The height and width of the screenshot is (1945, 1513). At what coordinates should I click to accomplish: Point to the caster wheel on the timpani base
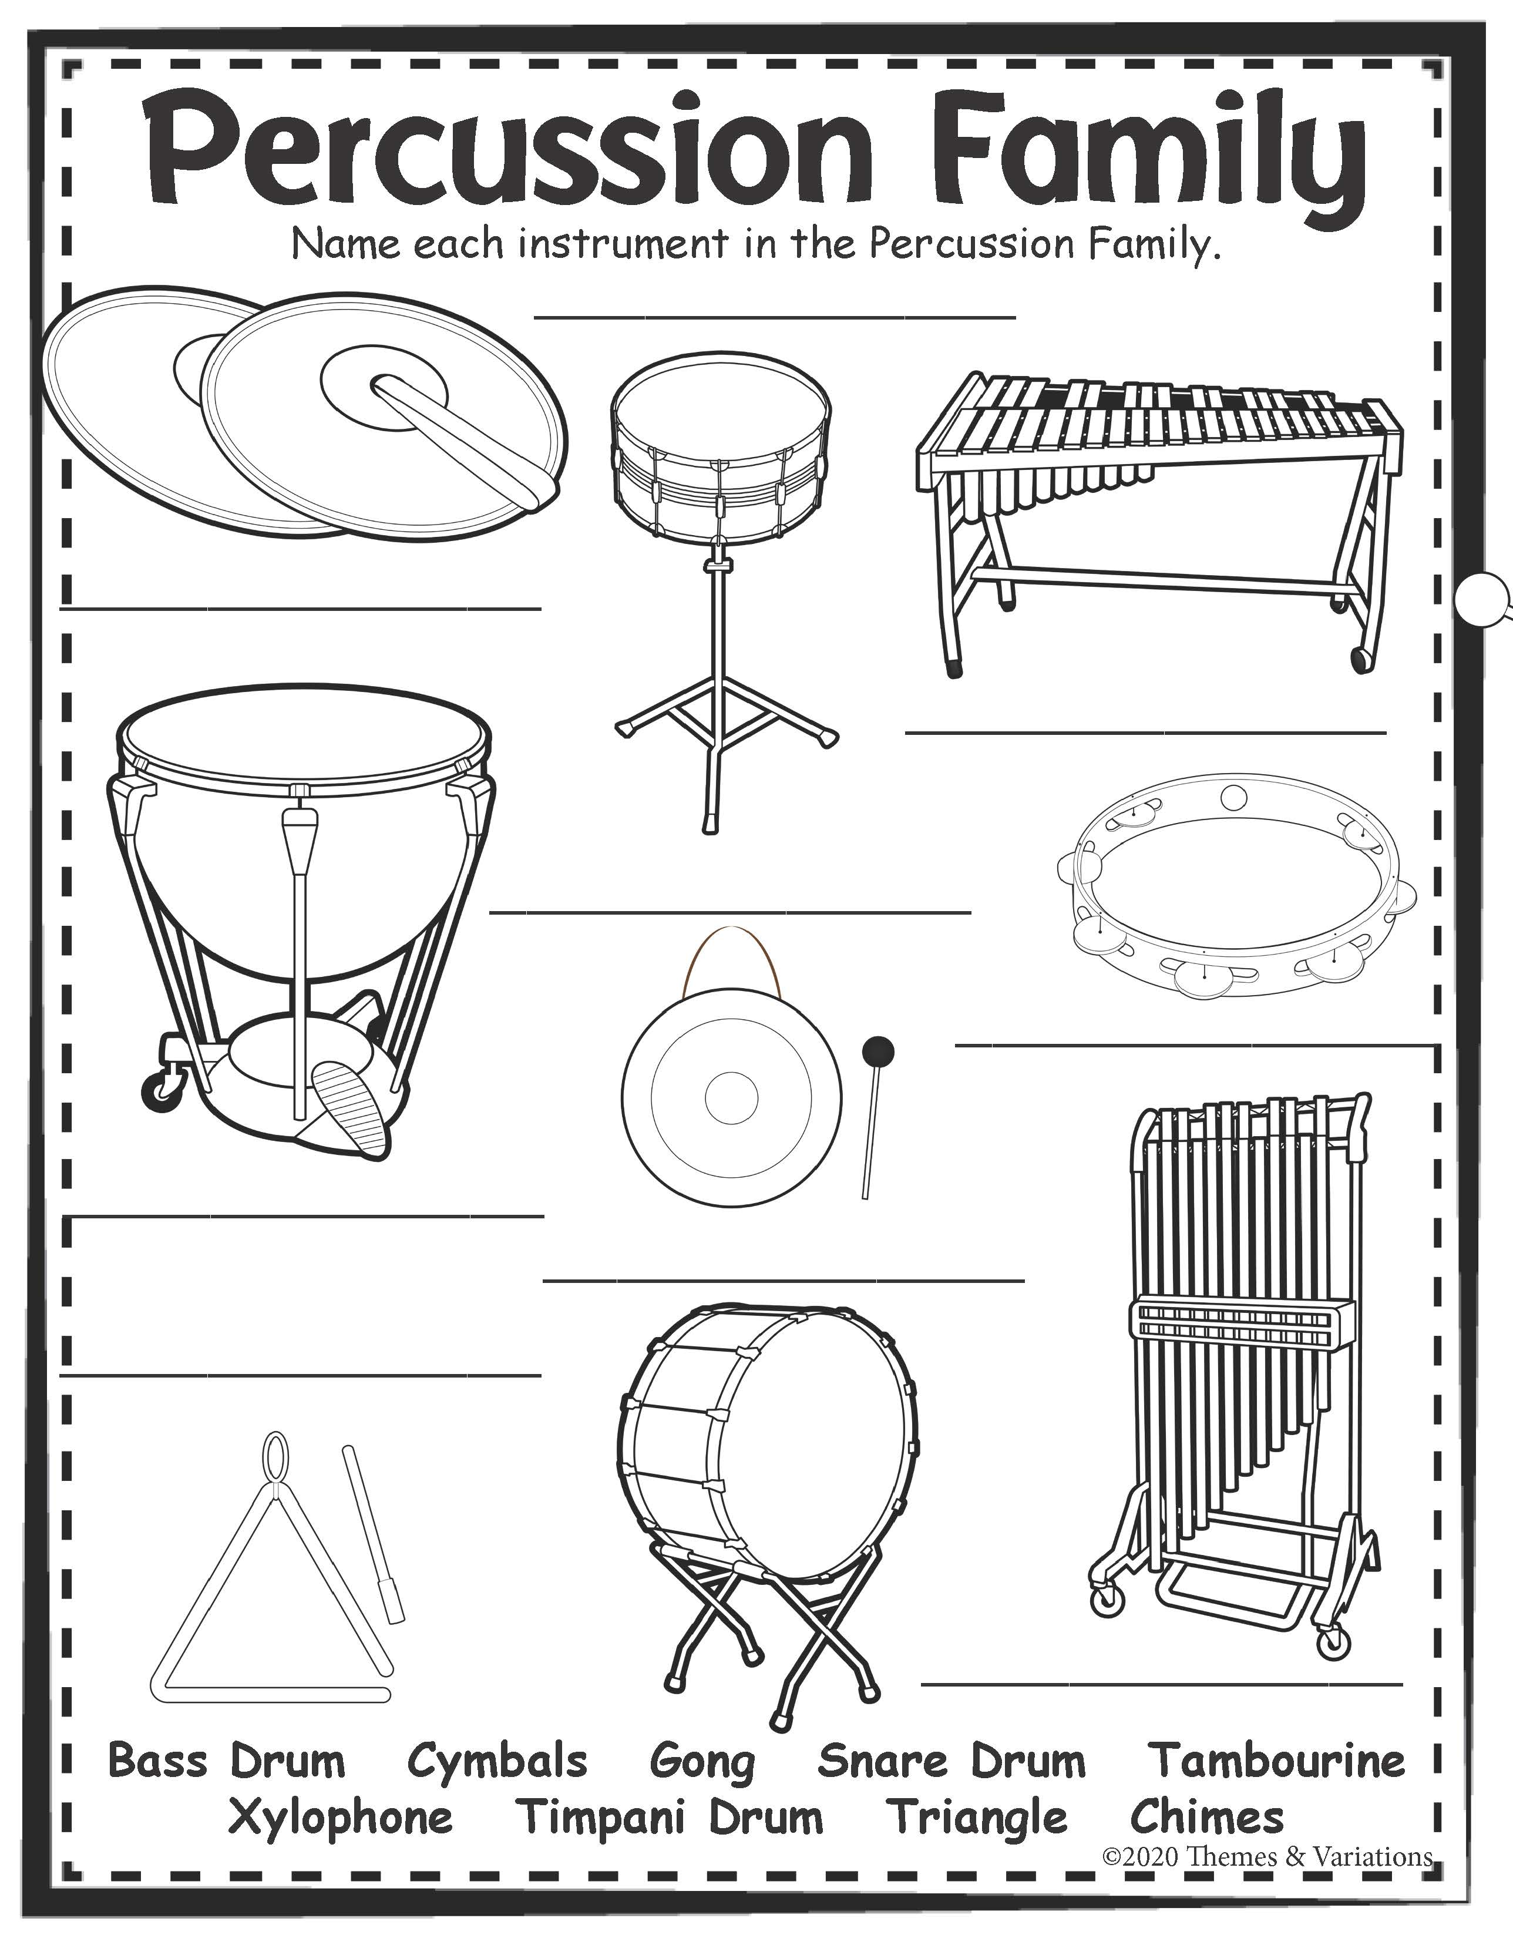coord(159,1089)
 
